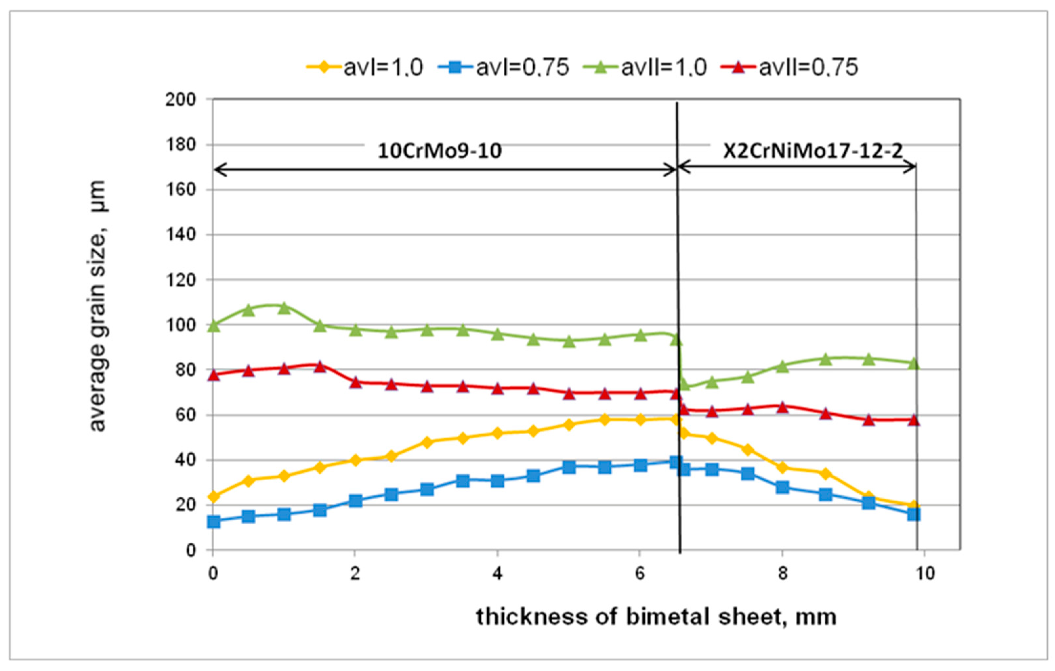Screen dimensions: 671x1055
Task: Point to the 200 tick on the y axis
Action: (x=180, y=100)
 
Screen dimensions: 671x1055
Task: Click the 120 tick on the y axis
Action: (x=180, y=280)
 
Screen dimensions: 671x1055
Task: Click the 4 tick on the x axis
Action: (x=497, y=573)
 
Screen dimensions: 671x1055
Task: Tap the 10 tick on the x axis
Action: (x=925, y=573)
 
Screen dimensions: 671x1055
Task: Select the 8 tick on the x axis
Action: (x=783, y=573)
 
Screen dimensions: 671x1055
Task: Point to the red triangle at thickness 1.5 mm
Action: (x=320, y=366)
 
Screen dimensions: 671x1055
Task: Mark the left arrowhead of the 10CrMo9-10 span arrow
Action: (x=217, y=169)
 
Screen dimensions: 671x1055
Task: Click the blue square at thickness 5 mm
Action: (x=569, y=467)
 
